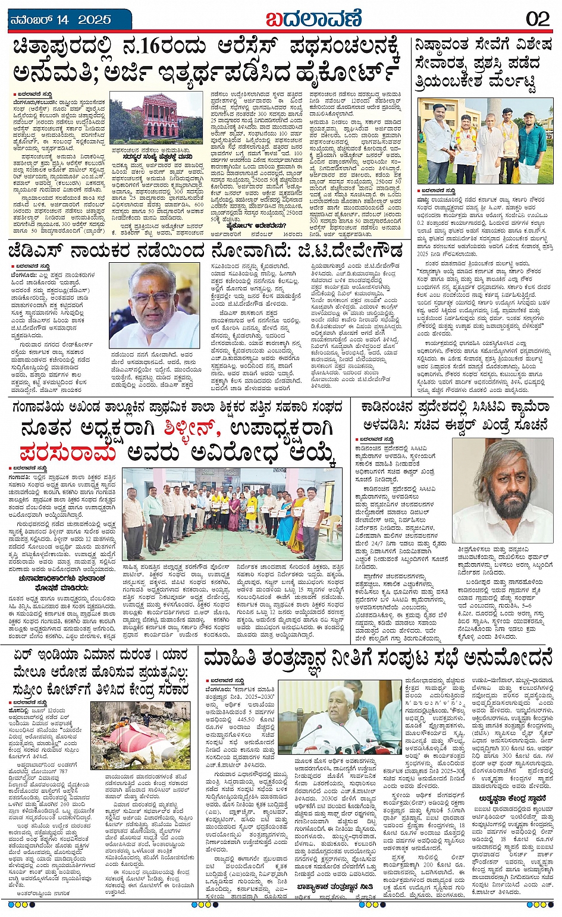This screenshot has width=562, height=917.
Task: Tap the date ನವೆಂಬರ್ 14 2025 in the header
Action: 61,20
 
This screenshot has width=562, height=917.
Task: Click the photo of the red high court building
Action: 156,117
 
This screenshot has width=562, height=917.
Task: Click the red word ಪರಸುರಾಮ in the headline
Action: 68,453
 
